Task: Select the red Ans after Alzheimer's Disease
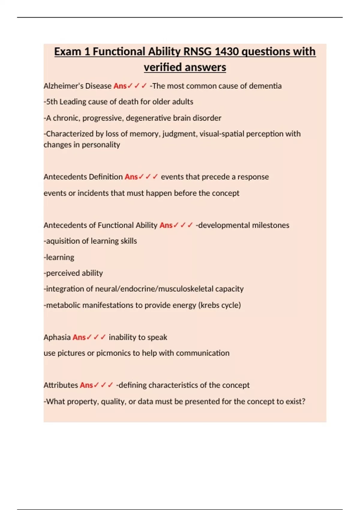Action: (120, 86)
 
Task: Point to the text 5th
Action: (52, 102)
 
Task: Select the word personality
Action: (101, 145)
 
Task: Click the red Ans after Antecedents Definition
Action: (131, 177)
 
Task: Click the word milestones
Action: (271, 225)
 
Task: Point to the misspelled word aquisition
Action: (63, 241)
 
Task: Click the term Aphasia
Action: (57, 337)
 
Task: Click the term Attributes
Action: (61, 385)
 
